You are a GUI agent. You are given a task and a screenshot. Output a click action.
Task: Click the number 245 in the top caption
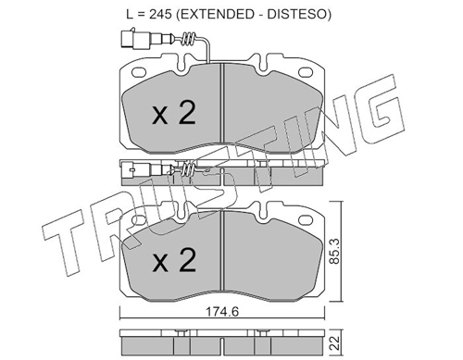pyautogui.click(x=160, y=14)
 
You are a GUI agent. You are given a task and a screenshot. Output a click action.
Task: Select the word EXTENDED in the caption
pyautogui.click(x=215, y=14)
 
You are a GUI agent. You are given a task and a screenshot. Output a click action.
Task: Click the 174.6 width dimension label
pyautogui.click(x=222, y=312)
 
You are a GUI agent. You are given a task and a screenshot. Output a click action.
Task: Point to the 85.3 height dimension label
pyautogui.click(x=335, y=251)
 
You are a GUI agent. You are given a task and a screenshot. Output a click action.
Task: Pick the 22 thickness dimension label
pyautogui.click(x=335, y=342)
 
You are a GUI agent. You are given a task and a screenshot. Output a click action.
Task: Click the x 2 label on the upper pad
pyautogui.click(x=174, y=113)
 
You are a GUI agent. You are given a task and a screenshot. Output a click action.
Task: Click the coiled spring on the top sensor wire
pyautogui.click(x=189, y=39)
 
